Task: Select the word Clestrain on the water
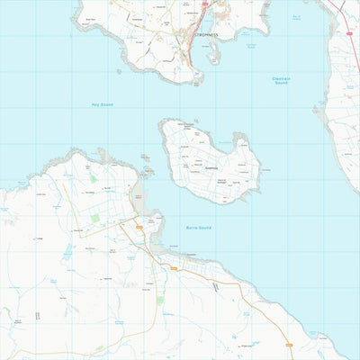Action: [x=281, y=78]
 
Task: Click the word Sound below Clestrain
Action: [x=281, y=84]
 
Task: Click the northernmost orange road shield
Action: [x=139, y=228]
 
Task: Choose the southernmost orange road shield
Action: [x=289, y=345]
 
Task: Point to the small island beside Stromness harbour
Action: [x=213, y=57]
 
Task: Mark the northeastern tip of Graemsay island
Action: [x=240, y=138]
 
